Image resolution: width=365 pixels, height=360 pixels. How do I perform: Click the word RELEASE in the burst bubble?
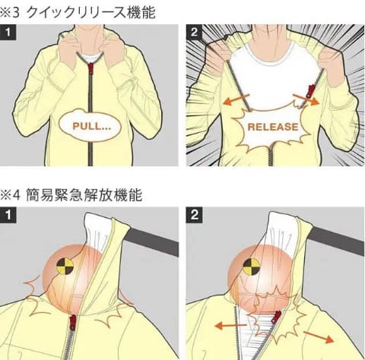click(x=273, y=127)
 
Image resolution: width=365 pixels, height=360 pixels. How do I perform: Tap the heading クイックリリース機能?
click(x=90, y=12)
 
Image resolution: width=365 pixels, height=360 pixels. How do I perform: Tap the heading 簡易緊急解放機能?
click(x=84, y=195)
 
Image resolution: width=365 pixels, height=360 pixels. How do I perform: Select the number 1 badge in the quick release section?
click(x=8, y=32)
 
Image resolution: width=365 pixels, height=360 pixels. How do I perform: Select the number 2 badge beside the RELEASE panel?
click(x=194, y=32)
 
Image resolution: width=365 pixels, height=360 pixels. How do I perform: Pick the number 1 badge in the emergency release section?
click(x=8, y=215)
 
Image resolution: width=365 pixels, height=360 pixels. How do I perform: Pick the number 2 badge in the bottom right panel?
click(x=194, y=215)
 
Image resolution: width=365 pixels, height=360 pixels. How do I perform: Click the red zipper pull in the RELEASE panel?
click(x=309, y=91)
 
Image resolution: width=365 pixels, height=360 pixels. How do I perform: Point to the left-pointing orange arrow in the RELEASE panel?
click(x=236, y=99)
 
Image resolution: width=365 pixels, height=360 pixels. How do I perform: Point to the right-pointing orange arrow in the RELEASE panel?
click(x=306, y=99)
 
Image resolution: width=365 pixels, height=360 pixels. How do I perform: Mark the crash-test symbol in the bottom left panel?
click(x=65, y=267)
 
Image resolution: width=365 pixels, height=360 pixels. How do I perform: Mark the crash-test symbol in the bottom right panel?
click(x=252, y=267)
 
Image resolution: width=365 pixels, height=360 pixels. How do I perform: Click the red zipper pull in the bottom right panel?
click(x=276, y=317)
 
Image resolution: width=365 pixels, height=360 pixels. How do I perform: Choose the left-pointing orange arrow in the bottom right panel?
click(x=230, y=325)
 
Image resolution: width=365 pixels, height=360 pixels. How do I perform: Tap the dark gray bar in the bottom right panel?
click(x=338, y=241)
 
